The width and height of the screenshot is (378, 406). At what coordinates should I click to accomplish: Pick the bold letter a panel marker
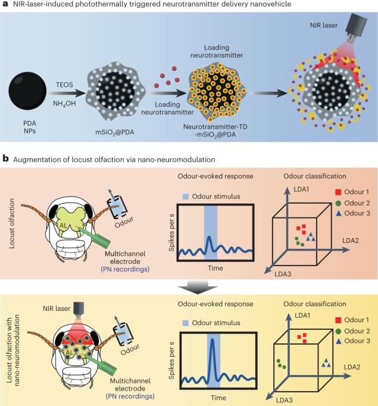coord(5,5)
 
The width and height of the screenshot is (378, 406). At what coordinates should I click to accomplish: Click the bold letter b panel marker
coord(5,159)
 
